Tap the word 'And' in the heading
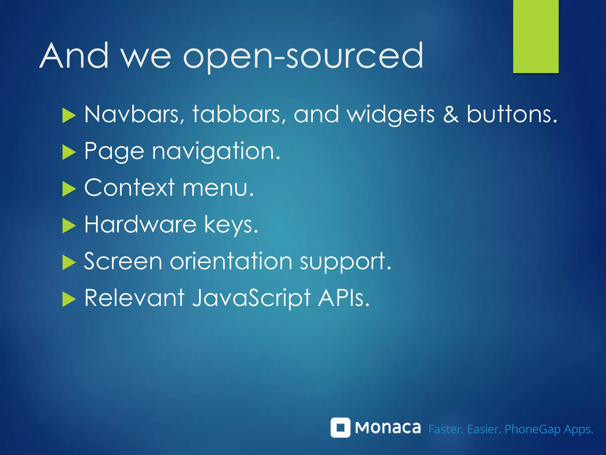click(x=74, y=56)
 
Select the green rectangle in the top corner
click(x=536, y=36)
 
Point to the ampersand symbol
click(x=451, y=114)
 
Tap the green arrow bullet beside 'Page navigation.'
click(x=69, y=153)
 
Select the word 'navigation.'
click(x=216, y=152)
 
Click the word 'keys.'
click(x=231, y=225)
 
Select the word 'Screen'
click(x=123, y=261)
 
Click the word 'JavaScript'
click(x=252, y=298)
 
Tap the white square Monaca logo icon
click(x=340, y=427)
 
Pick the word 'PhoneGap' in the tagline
click(x=532, y=429)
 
